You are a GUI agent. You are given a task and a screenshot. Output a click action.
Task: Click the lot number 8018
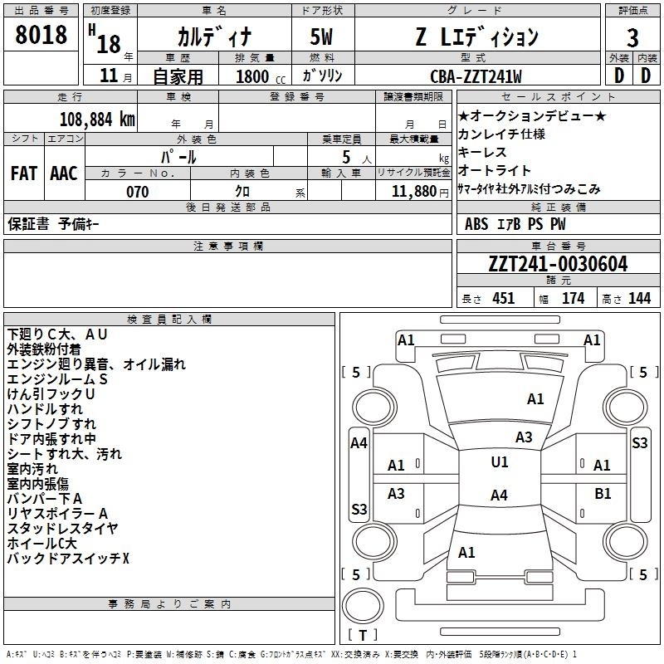click(41, 35)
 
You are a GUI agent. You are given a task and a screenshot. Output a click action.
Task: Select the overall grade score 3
click(632, 38)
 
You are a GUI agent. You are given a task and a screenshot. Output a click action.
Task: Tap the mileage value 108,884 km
click(97, 120)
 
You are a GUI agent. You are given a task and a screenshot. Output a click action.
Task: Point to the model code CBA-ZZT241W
click(476, 76)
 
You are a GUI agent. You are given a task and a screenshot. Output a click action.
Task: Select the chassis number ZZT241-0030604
click(558, 264)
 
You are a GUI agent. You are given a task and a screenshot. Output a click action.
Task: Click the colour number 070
click(137, 192)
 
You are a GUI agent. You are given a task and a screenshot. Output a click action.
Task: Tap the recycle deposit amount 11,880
click(413, 192)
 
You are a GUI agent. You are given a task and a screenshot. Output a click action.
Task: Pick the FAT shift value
click(24, 173)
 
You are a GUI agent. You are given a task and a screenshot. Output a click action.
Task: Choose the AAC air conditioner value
click(64, 173)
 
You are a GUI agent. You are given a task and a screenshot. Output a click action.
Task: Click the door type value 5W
click(321, 37)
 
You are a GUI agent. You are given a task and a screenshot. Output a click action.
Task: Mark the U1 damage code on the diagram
click(500, 462)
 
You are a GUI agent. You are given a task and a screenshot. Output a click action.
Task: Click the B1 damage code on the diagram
click(603, 494)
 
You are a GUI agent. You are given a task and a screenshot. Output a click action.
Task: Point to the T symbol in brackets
click(363, 635)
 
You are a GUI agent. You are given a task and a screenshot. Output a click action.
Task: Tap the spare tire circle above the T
click(363, 605)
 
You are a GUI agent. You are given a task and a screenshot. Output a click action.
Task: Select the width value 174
click(573, 299)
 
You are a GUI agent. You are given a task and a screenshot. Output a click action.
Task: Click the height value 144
click(639, 299)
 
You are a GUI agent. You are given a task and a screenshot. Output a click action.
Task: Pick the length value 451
click(504, 299)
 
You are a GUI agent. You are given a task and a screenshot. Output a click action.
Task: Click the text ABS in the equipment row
click(476, 224)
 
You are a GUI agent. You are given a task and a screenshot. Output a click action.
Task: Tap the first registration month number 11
click(109, 76)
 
